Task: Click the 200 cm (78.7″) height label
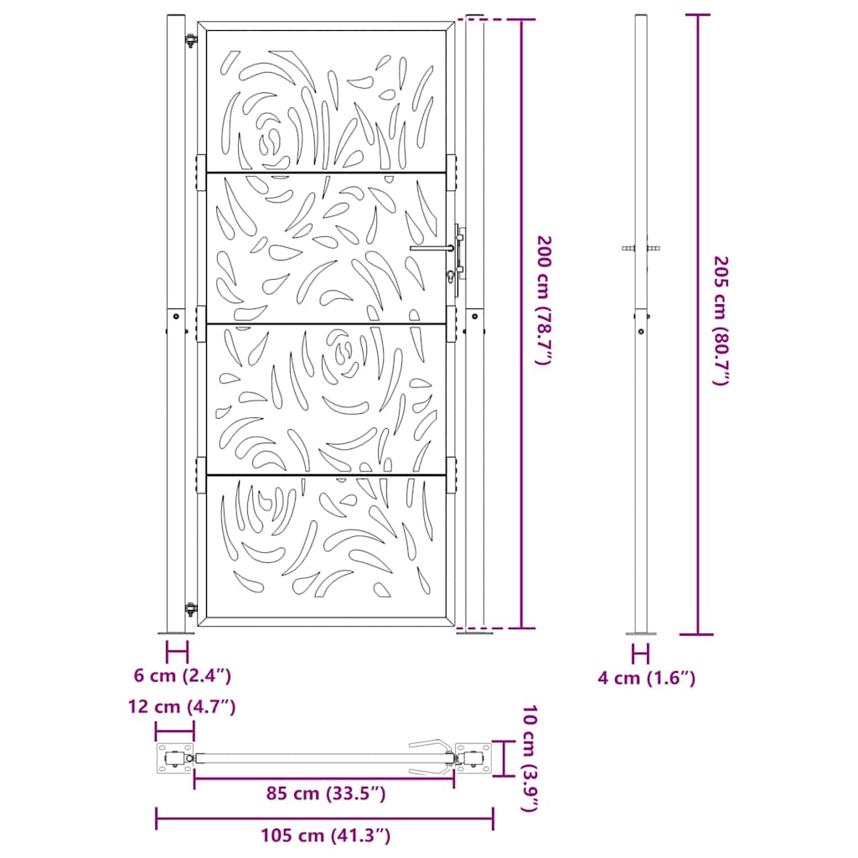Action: point(545,300)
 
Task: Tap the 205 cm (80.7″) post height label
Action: point(720,321)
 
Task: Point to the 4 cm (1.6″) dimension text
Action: point(646,678)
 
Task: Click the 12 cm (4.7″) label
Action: point(182,707)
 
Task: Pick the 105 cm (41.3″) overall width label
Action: point(326,835)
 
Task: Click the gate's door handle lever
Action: point(432,248)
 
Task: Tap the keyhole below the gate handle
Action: point(452,277)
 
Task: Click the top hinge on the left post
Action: point(190,39)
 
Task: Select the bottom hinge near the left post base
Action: point(190,608)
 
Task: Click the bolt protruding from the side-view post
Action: point(642,249)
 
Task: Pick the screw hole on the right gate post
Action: point(474,318)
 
